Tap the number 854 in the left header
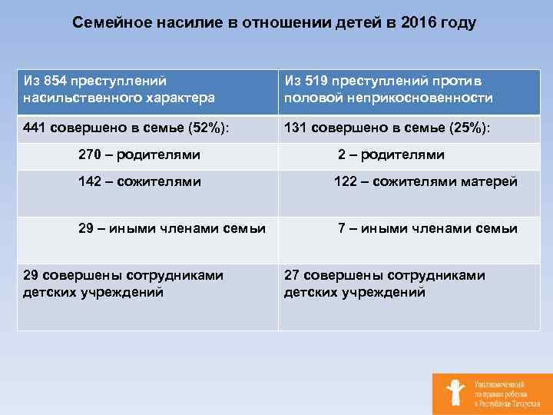(55, 81)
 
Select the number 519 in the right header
(315, 81)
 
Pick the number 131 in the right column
(297, 127)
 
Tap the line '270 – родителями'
(139, 154)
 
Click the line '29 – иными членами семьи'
(172, 228)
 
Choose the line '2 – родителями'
(391, 154)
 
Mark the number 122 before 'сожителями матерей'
(346, 182)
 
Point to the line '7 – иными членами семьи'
(427, 228)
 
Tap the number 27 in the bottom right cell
(293, 275)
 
